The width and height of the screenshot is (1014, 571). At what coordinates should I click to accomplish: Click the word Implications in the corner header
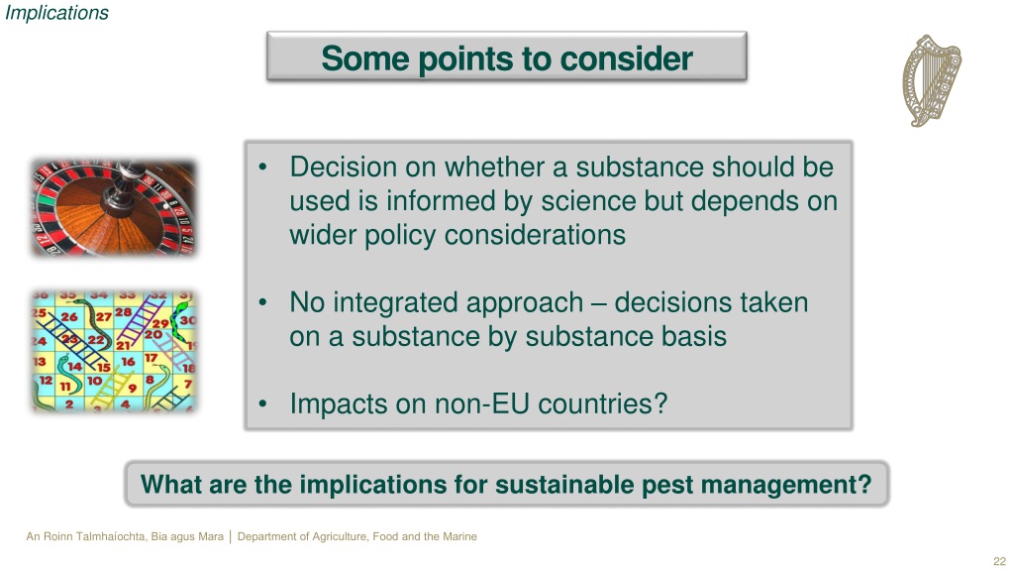pos(56,13)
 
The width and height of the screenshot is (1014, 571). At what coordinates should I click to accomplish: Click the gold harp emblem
pos(931,80)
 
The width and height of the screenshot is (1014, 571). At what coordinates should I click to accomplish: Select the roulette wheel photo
pos(114,208)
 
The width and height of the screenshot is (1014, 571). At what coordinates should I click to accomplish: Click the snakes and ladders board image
pos(114,351)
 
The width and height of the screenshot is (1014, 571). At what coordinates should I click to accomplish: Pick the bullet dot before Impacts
pos(262,404)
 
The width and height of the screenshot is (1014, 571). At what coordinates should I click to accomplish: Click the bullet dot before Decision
pos(262,168)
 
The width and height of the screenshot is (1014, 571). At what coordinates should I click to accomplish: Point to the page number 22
pos(999,561)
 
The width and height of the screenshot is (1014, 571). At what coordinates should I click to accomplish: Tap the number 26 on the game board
pos(69,316)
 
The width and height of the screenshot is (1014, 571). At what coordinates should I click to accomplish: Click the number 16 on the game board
pos(128,361)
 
